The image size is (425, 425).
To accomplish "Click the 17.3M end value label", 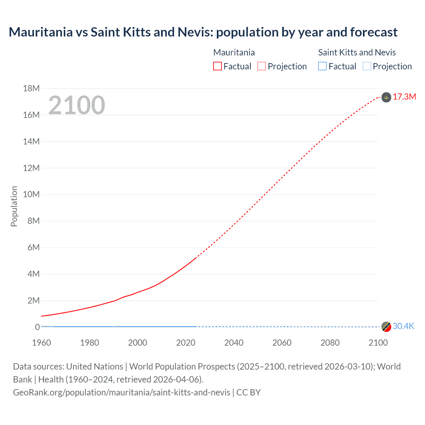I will tap(404, 97).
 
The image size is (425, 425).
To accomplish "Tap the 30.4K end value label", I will tap(403, 326).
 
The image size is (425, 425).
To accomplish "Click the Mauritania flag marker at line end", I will tap(386, 97).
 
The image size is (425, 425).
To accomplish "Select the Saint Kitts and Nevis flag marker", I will tap(386, 327).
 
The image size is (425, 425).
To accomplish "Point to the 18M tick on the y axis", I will tap(31, 88).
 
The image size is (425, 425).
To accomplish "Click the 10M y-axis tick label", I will tap(31, 194).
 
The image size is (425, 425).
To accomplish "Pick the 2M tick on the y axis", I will tap(33, 300).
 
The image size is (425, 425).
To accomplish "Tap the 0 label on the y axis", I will tap(37, 327).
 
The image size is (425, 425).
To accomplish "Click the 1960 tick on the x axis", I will tap(42, 343).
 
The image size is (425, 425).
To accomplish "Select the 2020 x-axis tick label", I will tap(186, 343).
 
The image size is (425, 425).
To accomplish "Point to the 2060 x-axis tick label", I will tap(282, 343).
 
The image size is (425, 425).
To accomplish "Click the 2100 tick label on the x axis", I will tap(378, 343).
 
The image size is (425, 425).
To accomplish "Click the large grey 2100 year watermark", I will tap(77, 105).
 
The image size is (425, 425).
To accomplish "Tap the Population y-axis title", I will tap(14, 206).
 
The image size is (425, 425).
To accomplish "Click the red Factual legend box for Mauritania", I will tap(217, 66).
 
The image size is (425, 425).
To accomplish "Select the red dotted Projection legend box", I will tap(262, 66).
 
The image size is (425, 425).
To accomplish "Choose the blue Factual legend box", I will tap(322, 66).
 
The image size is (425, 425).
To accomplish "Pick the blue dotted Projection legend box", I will tap(367, 66).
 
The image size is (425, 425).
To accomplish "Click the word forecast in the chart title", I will tap(374, 32).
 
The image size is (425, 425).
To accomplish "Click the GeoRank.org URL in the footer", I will tap(122, 392).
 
